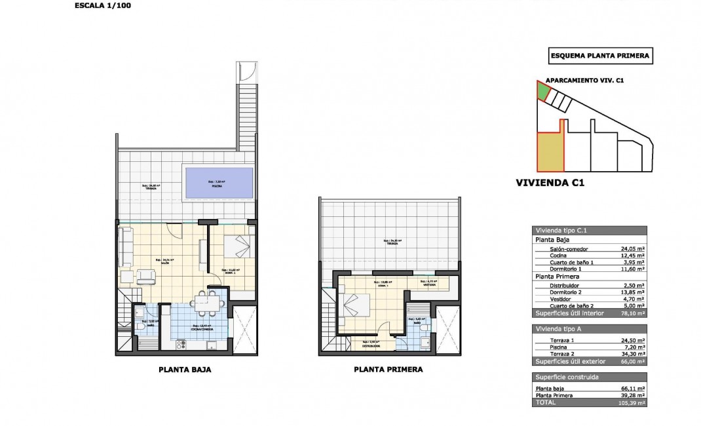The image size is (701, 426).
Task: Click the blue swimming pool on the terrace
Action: point(219,183)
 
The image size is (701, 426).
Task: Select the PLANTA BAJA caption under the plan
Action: point(185,369)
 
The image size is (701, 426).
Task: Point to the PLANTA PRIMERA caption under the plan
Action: point(388,369)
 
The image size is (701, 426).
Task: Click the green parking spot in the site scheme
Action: point(543,90)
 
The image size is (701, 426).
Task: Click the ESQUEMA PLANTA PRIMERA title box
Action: point(599,56)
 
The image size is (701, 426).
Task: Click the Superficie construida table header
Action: point(567,378)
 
